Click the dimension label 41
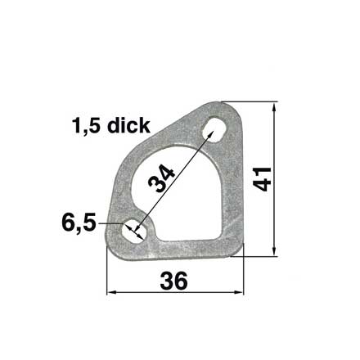[x=262, y=179]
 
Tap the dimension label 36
[x=174, y=281]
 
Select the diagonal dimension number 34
[x=161, y=178]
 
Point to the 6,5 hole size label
[x=79, y=223]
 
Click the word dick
[x=128, y=126]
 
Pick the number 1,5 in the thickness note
[x=86, y=126]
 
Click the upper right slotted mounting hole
[x=214, y=129]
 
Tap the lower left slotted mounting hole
[x=134, y=232]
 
